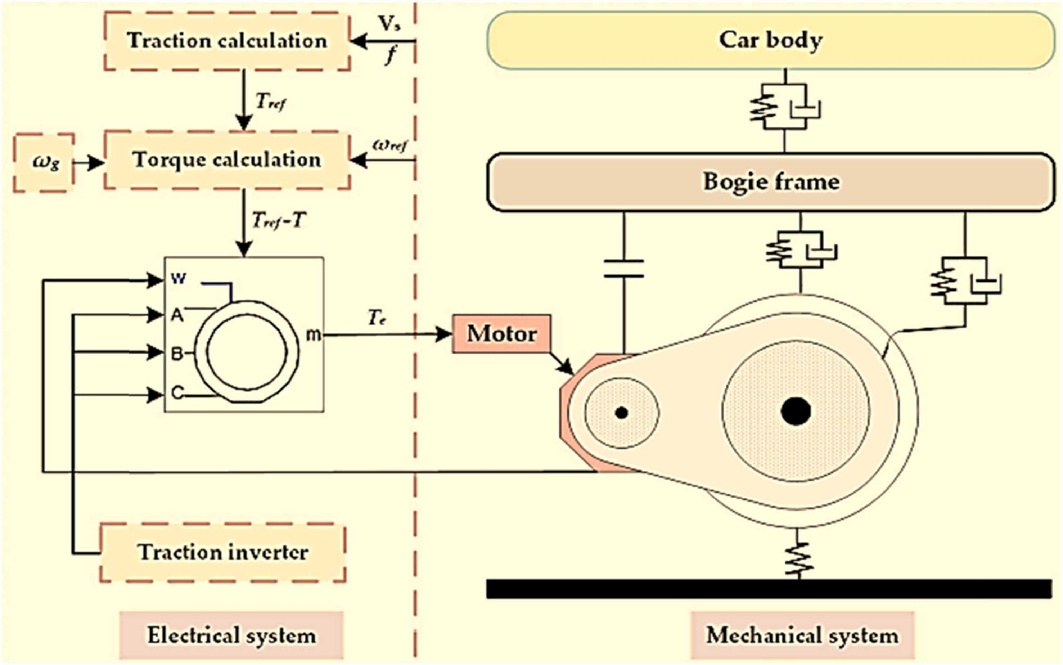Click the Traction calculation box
(x=227, y=41)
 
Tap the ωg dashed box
(x=44, y=163)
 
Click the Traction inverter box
(x=223, y=552)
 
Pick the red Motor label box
(x=501, y=333)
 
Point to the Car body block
(x=771, y=40)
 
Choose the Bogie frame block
(x=771, y=182)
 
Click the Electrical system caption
(x=231, y=635)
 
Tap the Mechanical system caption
(x=802, y=635)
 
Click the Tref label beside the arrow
(x=270, y=102)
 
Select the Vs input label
(x=389, y=24)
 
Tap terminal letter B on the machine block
(x=177, y=353)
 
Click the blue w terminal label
(x=179, y=278)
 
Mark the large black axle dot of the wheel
(x=796, y=411)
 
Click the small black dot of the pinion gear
(x=621, y=413)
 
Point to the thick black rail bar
(x=769, y=589)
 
